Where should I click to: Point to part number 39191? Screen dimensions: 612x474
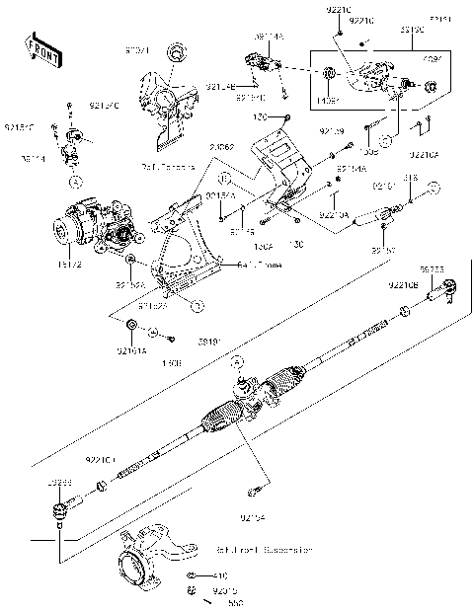click(208, 341)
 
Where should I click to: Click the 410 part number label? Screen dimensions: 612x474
click(220, 574)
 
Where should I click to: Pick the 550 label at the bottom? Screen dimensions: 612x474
click(236, 601)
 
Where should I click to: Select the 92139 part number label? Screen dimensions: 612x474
click(331, 131)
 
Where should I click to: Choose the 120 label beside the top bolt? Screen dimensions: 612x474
click(262, 116)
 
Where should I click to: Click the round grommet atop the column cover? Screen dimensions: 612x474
click(175, 51)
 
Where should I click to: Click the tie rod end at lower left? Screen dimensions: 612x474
click(61, 510)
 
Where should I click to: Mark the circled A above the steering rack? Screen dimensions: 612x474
click(238, 363)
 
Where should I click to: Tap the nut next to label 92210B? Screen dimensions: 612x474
click(405, 313)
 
